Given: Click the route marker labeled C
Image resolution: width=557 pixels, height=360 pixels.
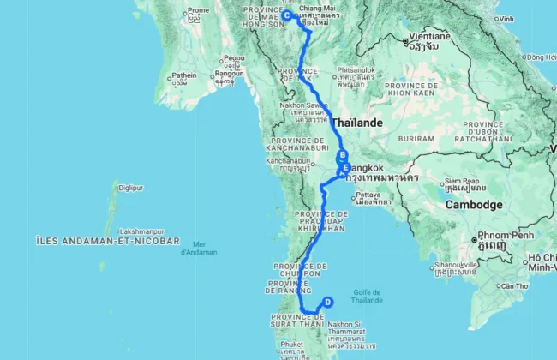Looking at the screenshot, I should tap(286, 15).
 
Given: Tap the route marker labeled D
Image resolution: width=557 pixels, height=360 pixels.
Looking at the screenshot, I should tap(327, 301).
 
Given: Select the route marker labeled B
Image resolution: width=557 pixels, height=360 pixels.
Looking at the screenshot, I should tap(342, 156).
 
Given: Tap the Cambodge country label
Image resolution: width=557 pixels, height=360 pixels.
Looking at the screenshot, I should tap(473, 206).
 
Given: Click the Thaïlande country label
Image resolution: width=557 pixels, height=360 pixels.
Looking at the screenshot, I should tap(357, 123).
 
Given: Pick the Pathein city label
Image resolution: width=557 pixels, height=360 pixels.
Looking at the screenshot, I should tap(183, 75).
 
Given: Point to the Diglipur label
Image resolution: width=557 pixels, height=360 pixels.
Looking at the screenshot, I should tap(129, 187).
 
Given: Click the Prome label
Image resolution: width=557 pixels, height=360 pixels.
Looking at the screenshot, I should tap(198, 10).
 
